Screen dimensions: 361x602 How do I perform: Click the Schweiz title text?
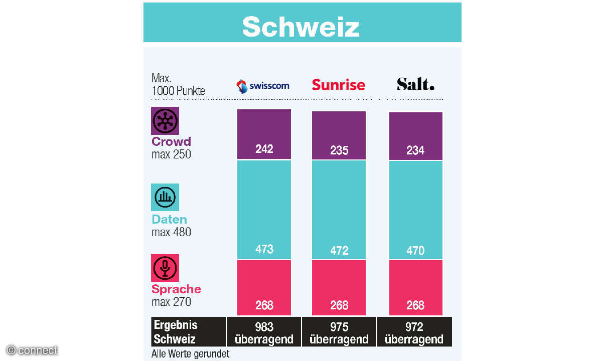click(x=301, y=27)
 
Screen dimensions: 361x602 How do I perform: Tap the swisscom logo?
click(x=263, y=86)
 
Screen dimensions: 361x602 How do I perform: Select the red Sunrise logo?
click(x=338, y=84)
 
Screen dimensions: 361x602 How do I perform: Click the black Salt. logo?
click(x=415, y=84)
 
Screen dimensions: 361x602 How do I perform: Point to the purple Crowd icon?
click(x=165, y=121)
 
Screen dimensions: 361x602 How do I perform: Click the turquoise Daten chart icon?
click(x=165, y=197)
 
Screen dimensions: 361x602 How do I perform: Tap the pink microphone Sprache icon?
click(x=165, y=268)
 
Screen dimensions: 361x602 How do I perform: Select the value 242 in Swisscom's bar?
click(x=264, y=149)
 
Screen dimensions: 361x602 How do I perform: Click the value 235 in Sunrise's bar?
click(x=339, y=150)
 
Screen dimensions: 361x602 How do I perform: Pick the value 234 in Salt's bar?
click(x=415, y=150)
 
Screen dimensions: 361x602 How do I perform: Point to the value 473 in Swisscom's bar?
click(x=264, y=249)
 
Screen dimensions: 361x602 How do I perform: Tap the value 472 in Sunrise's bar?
click(x=339, y=250)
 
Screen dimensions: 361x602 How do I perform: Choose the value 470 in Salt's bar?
click(x=415, y=250)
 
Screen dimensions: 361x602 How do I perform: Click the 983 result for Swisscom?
click(x=264, y=327)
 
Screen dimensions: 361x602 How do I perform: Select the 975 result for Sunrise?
click(x=339, y=327)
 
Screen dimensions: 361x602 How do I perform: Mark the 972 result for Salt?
click(x=414, y=327)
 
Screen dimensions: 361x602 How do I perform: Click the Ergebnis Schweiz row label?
click(x=176, y=331)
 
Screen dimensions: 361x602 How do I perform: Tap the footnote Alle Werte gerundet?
click(x=190, y=354)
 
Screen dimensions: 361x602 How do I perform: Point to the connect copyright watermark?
click(x=32, y=350)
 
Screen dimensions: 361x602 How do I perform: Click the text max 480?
click(x=171, y=232)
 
